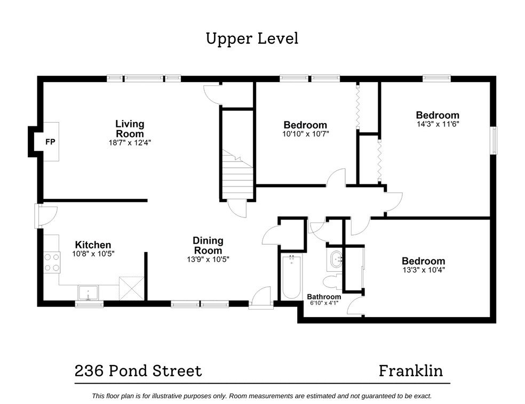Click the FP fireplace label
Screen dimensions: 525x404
[x=50, y=142]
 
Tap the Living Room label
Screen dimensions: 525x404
[x=130, y=129]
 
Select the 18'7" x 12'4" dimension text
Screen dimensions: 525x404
[x=130, y=143]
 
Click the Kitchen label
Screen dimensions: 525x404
[x=93, y=245]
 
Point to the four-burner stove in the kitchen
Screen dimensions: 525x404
[x=52, y=263]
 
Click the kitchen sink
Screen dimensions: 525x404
[x=88, y=293]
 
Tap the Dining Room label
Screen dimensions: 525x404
[x=208, y=246]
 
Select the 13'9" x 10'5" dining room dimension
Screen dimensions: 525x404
[x=208, y=260]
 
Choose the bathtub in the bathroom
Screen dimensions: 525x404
[x=291, y=277]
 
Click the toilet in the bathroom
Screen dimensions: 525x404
[x=333, y=281]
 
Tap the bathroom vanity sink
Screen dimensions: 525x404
[x=335, y=259]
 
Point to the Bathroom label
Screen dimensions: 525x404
[x=324, y=297]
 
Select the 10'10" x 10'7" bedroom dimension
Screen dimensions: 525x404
[x=305, y=134]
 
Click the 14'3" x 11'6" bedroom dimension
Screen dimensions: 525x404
[x=437, y=124]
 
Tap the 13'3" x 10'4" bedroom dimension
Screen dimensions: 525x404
[x=424, y=270]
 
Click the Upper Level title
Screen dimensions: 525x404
[x=252, y=38]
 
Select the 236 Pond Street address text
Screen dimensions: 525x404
[x=138, y=371]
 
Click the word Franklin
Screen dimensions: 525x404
[x=411, y=371]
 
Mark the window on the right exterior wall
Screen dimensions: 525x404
[x=494, y=141]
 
